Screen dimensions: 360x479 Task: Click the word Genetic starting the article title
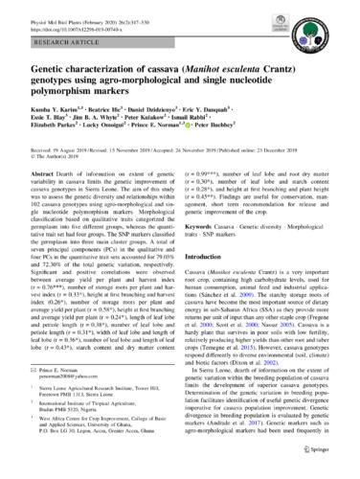53,70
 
